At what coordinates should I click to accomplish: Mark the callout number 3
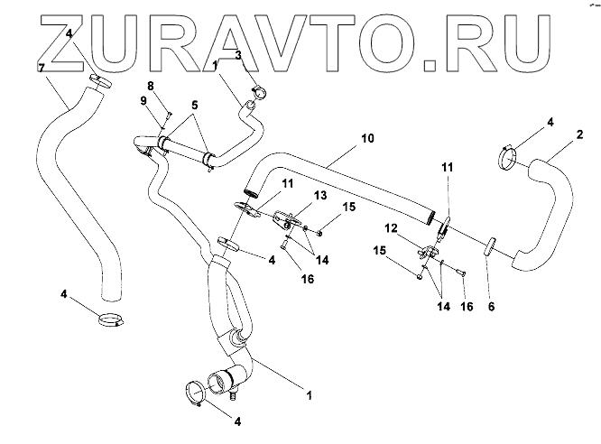tap(238, 55)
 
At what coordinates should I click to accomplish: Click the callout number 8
tap(152, 85)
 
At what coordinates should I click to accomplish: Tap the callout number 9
tap(143, 100)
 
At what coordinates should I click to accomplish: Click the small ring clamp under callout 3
tap(258, 90)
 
